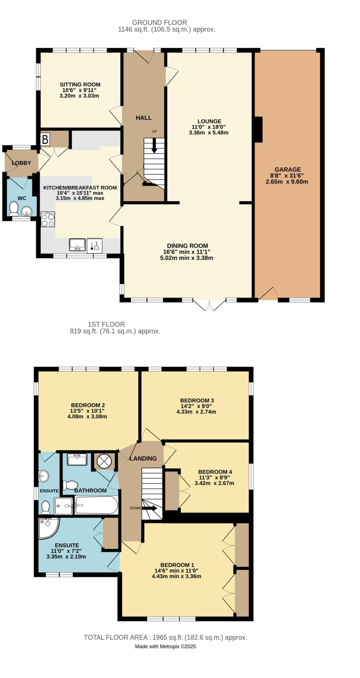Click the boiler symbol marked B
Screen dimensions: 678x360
45,139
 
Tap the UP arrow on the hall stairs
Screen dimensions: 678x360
154,146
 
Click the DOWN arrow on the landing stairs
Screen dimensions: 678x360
150,508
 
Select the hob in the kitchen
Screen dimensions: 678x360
48,219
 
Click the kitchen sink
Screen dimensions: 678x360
77,245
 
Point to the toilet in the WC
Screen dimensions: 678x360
14,209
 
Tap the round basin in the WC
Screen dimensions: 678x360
26,211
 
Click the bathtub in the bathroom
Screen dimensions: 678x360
96,505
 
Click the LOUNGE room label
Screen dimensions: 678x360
209,121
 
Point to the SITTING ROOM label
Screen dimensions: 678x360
80,84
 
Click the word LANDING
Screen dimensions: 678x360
143,459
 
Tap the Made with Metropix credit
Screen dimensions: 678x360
165,646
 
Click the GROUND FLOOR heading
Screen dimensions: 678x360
159,23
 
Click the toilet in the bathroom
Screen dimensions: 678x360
69,485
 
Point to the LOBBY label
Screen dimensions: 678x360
22,163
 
